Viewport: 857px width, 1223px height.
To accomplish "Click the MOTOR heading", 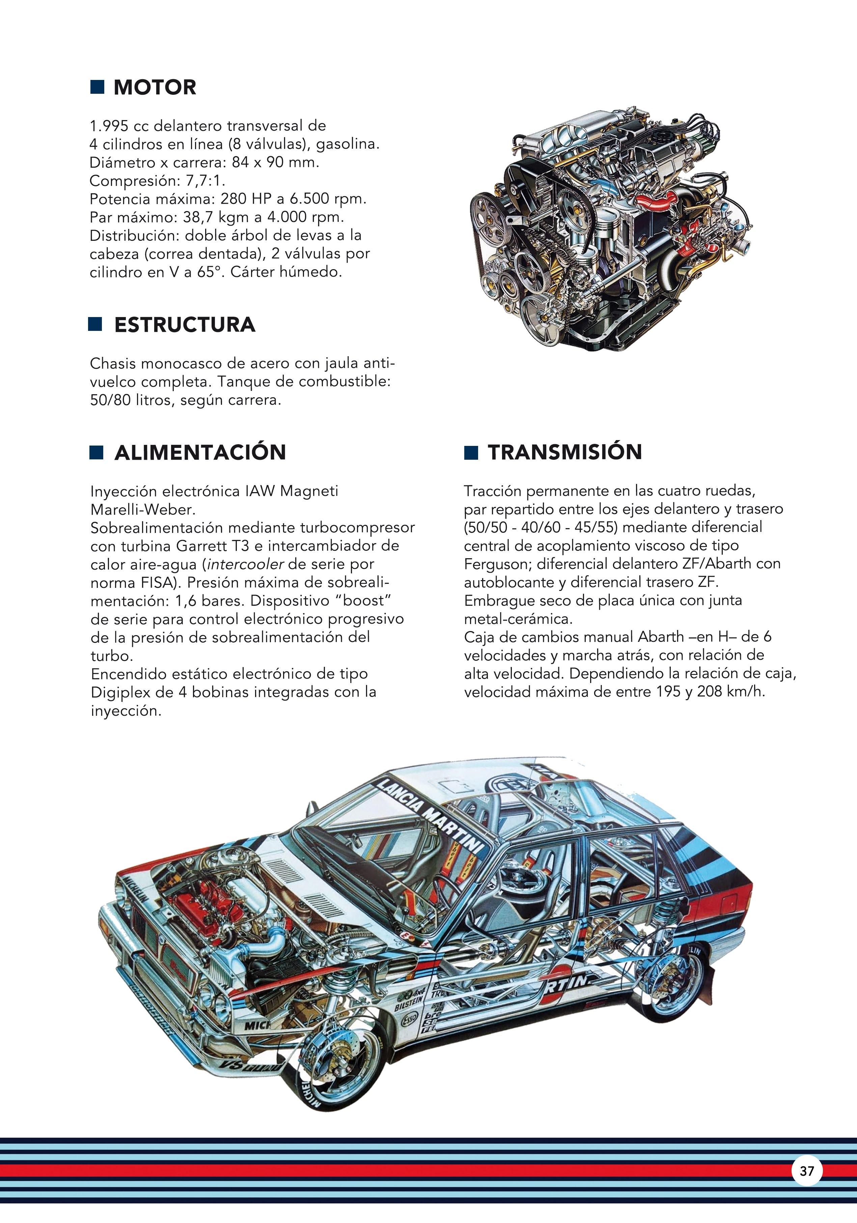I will pyautogui.click(x=155, y=87).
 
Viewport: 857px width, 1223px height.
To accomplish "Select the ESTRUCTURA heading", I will pyautogui.click(x=185, y=325).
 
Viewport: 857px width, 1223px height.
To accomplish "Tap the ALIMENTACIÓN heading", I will pyautogui.click(x=200, y=452).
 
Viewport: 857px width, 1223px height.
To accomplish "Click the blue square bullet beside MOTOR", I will pyautogui.click(x=97, y=87).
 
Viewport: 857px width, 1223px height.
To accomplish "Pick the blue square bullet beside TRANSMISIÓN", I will pyautogui.click(x=471, y=453).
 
